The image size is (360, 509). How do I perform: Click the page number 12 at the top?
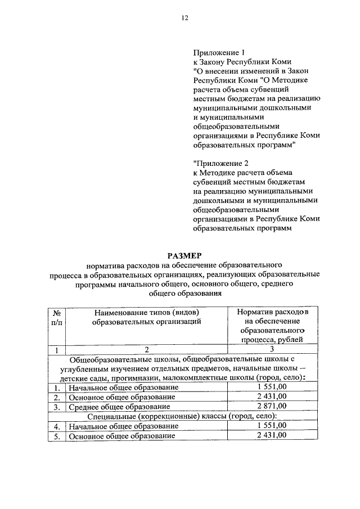[x=184, y=18]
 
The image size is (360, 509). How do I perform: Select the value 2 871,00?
[x=272, y=406]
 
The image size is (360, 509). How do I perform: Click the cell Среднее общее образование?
[x=119, y=406]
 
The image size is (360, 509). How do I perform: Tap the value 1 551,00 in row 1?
[x=272, y=387]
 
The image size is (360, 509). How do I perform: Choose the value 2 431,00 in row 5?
[x=272, y=435]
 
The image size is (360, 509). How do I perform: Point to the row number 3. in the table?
[x=56, y=406]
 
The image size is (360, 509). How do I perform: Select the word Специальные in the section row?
[x=112, y=416]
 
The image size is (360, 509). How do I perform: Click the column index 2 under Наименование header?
[x=147, y=350]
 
